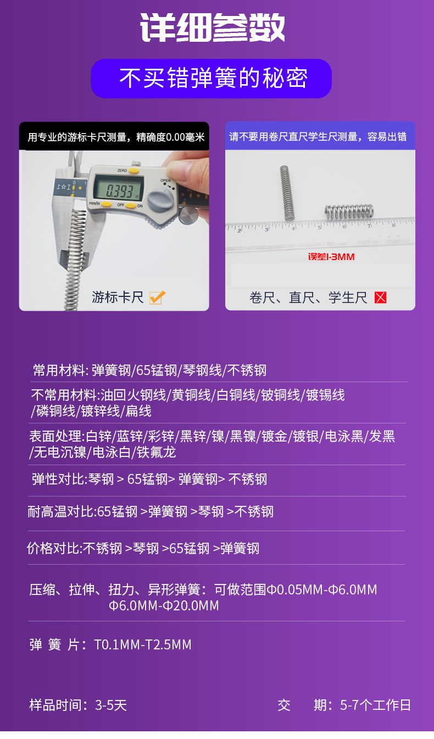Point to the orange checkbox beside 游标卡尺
coord(157,297)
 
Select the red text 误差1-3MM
coord(331,256)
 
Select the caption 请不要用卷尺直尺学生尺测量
coord(320,137)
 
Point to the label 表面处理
coord(55,437)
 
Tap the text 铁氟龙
coord(156,453)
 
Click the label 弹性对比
coord(58,479)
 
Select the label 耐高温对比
coord(61,512)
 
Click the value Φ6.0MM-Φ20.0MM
coord(164,606)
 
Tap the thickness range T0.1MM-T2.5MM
coord(143,644)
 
